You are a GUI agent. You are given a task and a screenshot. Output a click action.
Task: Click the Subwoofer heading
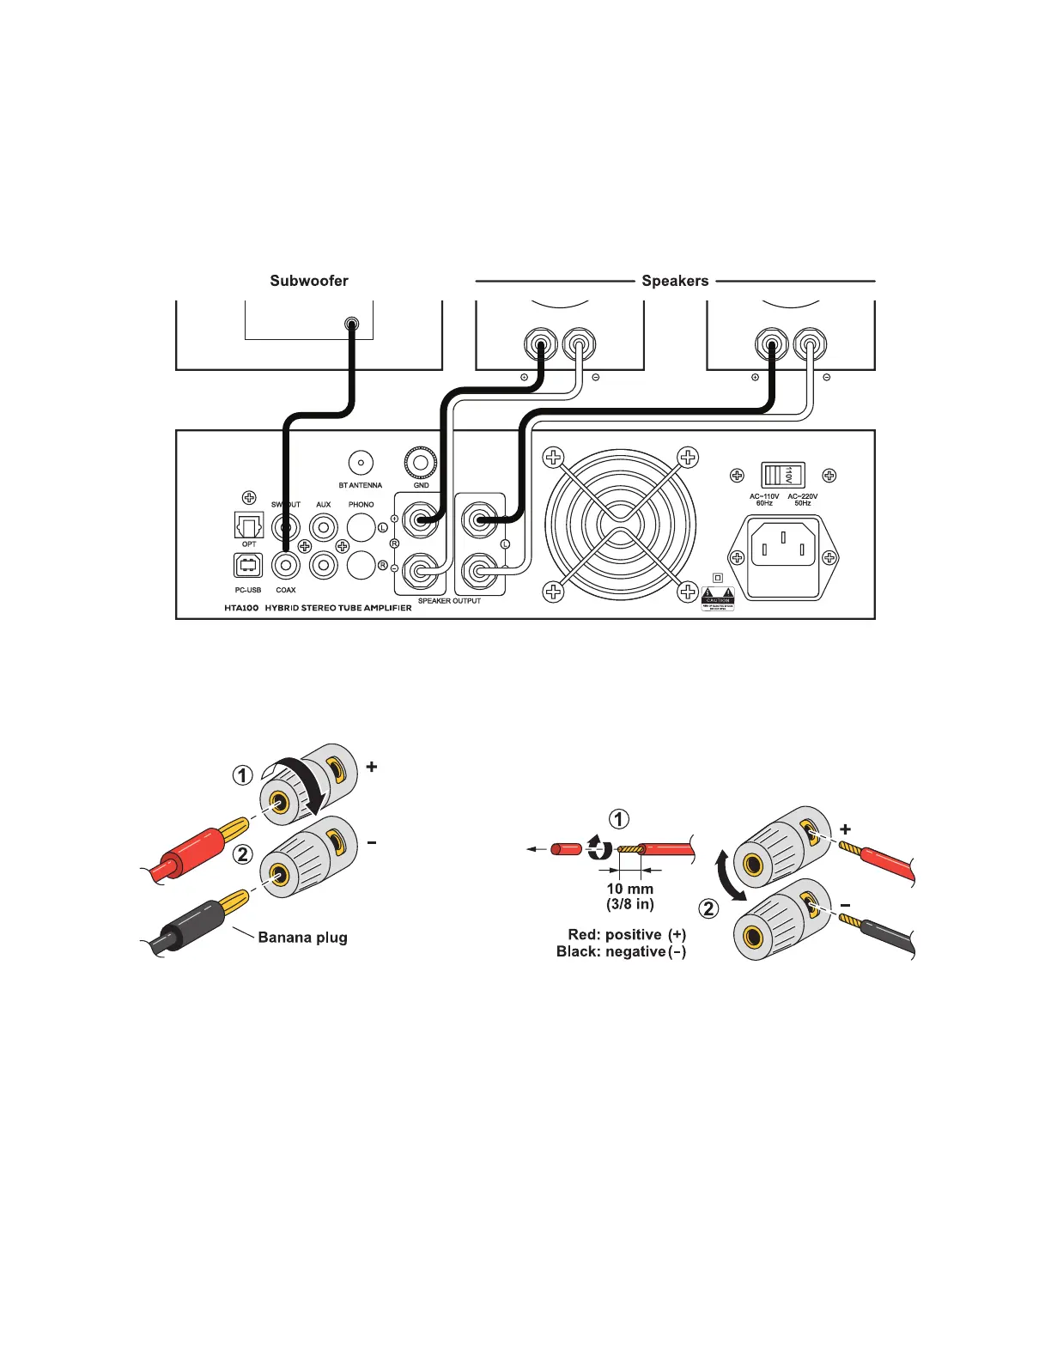(309, 281)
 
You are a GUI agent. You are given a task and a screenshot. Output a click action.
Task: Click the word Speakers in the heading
(675, 281)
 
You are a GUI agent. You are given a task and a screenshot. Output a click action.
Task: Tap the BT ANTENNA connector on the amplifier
(361, 463)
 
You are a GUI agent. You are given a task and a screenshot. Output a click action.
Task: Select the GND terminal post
(421, 463)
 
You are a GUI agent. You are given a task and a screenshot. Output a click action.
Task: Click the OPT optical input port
(249, 525)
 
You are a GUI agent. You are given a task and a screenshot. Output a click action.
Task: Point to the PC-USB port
(248, 565)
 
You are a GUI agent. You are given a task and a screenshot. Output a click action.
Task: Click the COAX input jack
(285, 565)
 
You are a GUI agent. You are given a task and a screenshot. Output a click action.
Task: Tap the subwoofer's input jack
(351, 325)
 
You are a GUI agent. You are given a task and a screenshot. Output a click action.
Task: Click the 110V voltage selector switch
(782, 475)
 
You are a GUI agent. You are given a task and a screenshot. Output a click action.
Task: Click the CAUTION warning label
(718, 598)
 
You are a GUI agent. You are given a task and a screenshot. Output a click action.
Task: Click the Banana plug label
(302, 937)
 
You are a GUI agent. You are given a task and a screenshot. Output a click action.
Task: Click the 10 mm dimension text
(629, 889)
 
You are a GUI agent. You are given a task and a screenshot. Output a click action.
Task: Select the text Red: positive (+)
(627, 934)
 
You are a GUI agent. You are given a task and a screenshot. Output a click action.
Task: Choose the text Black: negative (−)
(621, 951)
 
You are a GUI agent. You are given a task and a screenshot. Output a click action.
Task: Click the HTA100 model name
(241, 607)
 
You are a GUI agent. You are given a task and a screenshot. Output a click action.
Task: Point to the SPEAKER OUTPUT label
(449, 601)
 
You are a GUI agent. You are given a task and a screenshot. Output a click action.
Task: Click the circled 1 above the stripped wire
(618, 818)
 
